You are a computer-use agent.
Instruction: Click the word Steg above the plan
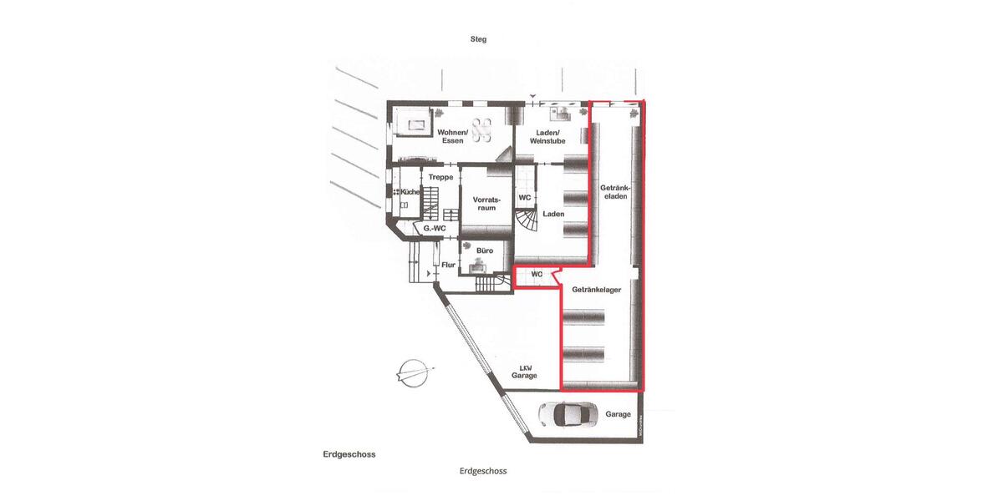[477, 39]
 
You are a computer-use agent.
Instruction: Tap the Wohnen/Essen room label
[449, 136]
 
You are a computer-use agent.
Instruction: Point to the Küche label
[410, 192]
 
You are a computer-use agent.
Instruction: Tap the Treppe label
[440, 178]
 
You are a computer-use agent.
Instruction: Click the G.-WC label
[433, 228]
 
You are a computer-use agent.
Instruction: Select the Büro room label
[484, 250]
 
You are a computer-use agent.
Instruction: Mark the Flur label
[448, 266]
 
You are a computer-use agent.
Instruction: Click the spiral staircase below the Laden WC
[527, 222]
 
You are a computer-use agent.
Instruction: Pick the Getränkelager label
[596, 290]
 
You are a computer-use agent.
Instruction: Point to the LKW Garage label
[525, 372]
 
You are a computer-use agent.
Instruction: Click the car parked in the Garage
[568, 414]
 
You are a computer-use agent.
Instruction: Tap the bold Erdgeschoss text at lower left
[349, 454]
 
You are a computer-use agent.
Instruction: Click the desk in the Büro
[478, 266]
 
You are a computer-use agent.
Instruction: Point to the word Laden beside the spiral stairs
[553, 214]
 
